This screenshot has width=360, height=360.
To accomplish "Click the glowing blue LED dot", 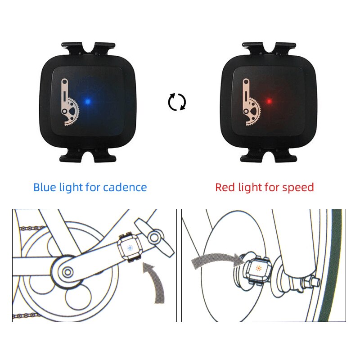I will pos(89,102).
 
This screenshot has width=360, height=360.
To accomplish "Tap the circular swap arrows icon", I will pos(177,102).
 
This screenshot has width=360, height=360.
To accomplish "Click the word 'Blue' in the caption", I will pos(45,187).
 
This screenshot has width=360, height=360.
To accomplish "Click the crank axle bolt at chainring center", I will pos(67,271).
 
